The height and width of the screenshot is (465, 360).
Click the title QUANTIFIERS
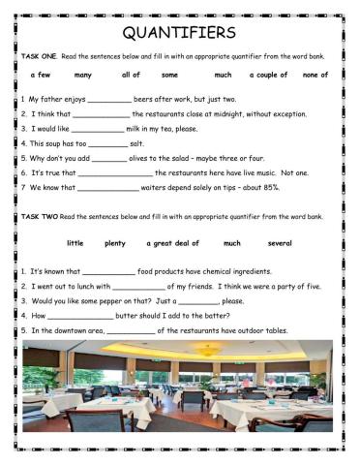(x=180, y=34)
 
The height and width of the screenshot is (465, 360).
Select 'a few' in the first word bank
(x=41, y=75)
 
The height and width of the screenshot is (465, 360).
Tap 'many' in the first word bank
(x=83, y=75)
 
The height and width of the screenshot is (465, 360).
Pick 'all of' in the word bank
(x=131, y=75)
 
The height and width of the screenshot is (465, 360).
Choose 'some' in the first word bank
(x=170, y=75)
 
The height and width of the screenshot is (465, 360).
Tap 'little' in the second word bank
(x=75, y=243)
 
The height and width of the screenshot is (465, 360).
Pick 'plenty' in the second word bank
(x=115, y=243)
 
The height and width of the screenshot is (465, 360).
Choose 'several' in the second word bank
(x=280, y=243)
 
